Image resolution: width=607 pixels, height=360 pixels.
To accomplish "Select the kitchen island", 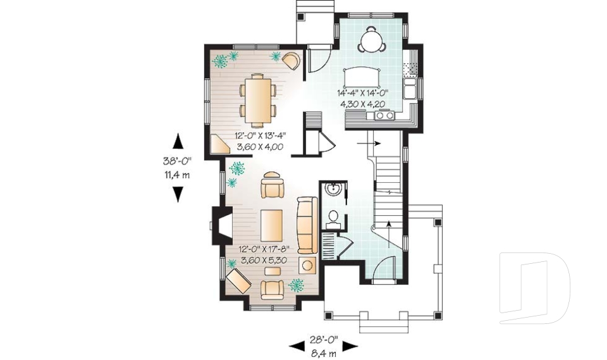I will pos(362,77).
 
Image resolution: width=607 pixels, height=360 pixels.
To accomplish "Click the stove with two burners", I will pos(384,115).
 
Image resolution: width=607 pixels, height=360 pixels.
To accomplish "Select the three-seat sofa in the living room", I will pos(307,225).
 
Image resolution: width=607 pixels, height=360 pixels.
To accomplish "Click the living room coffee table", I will pos(273,225).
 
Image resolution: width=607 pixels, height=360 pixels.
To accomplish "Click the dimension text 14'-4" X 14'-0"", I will pos(362,93).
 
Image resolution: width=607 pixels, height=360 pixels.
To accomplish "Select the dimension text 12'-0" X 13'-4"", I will pos(259,136).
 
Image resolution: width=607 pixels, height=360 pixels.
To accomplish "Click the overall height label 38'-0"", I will pos(177,162).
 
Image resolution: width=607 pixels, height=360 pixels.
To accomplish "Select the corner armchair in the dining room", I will pos(291,61).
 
